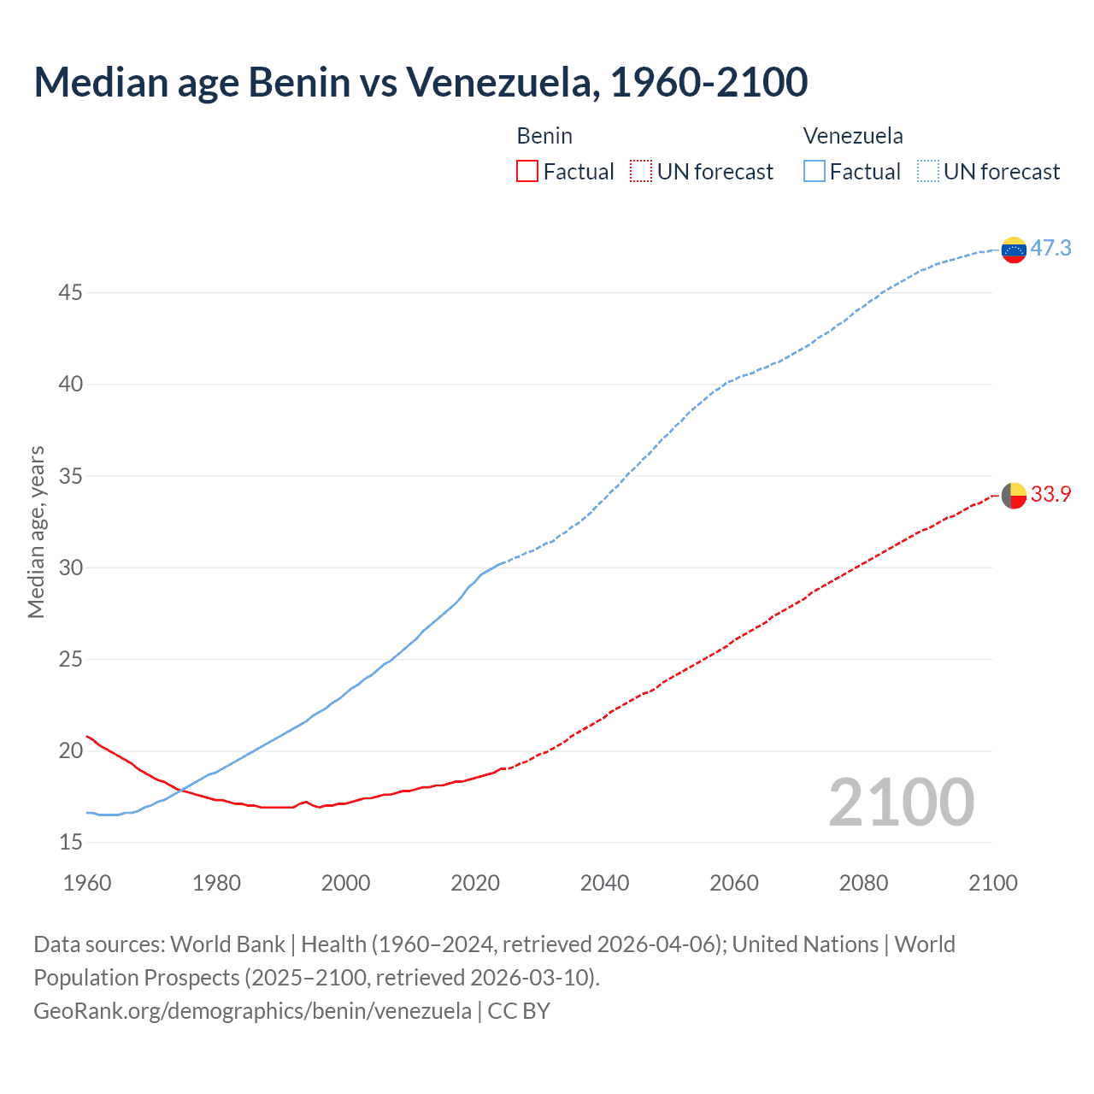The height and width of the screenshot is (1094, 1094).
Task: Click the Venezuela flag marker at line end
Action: [x=1014, y=250]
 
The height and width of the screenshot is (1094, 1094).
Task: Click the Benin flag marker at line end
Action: [x=1014, y=495]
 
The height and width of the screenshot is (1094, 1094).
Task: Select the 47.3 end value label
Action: [x=1050, y=249]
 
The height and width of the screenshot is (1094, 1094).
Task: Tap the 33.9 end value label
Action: [x=1050, y=495]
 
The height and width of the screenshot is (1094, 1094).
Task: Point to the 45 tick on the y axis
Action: [x=71, y=293]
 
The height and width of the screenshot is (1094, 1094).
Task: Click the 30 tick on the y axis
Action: [x=71, y=568]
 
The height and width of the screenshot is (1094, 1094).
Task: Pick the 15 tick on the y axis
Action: [x=71, y=843]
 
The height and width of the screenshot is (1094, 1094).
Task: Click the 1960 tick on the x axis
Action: [x=87, y=883]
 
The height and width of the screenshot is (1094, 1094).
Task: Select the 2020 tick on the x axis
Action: [x=475, y=883]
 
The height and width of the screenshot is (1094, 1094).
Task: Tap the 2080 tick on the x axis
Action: [x=863, y=883]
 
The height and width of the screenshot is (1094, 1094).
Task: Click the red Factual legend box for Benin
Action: [x=527, y=172]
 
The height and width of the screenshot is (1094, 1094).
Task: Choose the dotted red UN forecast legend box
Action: [x=641, y=172]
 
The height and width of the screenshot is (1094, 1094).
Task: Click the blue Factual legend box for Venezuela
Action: [x=814, y=172]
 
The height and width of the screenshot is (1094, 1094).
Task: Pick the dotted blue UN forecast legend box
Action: [x=927, y=172]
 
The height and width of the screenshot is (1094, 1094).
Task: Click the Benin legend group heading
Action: [x=544, y=136]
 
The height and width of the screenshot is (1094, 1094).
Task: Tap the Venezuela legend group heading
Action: [x=853, y=136]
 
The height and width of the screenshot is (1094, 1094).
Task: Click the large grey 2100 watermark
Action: [x=901, y=803]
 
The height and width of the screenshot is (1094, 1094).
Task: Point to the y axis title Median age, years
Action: [x=36, y=532]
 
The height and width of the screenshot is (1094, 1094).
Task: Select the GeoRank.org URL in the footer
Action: [x=252, y=1011]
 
